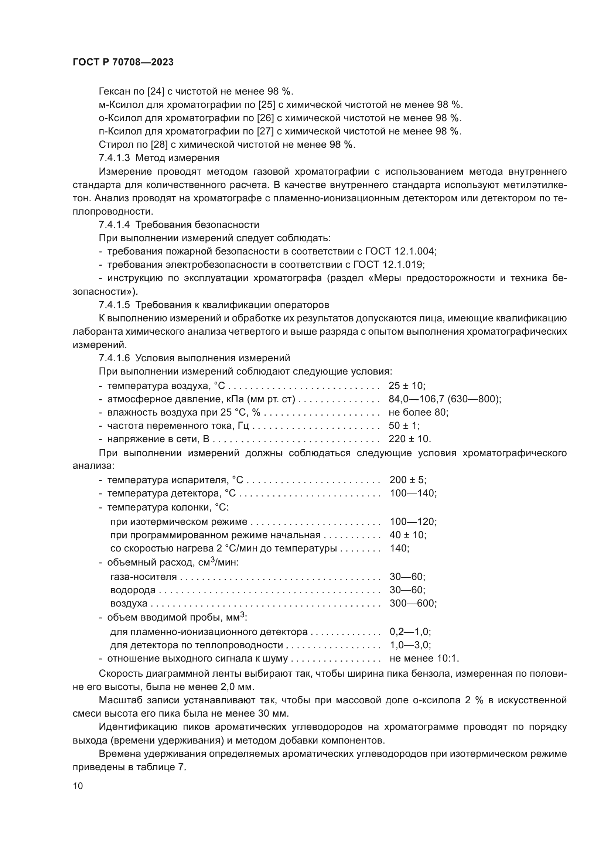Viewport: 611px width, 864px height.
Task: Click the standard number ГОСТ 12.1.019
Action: [x=388, y=264]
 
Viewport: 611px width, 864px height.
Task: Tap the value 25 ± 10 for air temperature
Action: [x=406, y=386]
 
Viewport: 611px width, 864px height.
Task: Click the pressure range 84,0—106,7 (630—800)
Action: [x=444, y=399]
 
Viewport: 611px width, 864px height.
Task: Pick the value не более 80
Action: [x=418, y=413]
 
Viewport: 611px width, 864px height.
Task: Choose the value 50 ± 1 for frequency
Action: [x=404, y=426]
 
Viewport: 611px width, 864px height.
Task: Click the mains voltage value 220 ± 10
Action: [x=409, y=439]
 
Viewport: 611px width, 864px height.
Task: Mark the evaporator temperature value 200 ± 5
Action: [x=407, y=480]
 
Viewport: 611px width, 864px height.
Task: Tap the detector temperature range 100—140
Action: [x=413, y=493]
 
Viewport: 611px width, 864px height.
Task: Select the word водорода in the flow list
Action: [x=133, y=590]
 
